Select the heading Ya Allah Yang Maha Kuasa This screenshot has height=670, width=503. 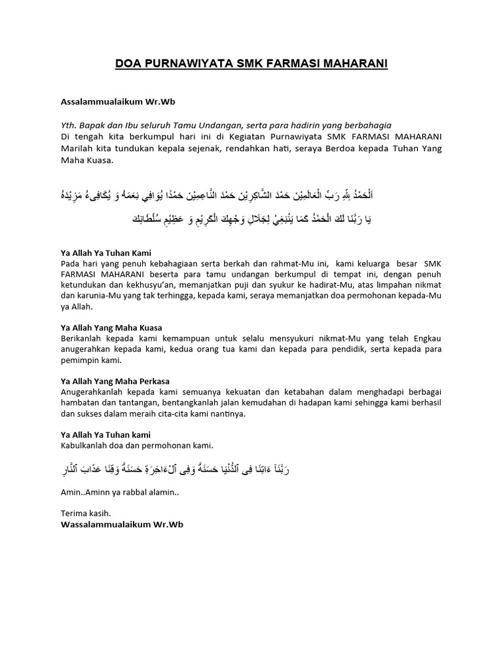(111, 327)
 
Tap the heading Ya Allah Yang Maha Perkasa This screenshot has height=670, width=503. (115, 381)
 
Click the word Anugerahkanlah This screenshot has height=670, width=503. (96, 391)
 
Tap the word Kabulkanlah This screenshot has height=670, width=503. (87, 446)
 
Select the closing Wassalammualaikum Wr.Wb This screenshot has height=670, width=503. (118, 525)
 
